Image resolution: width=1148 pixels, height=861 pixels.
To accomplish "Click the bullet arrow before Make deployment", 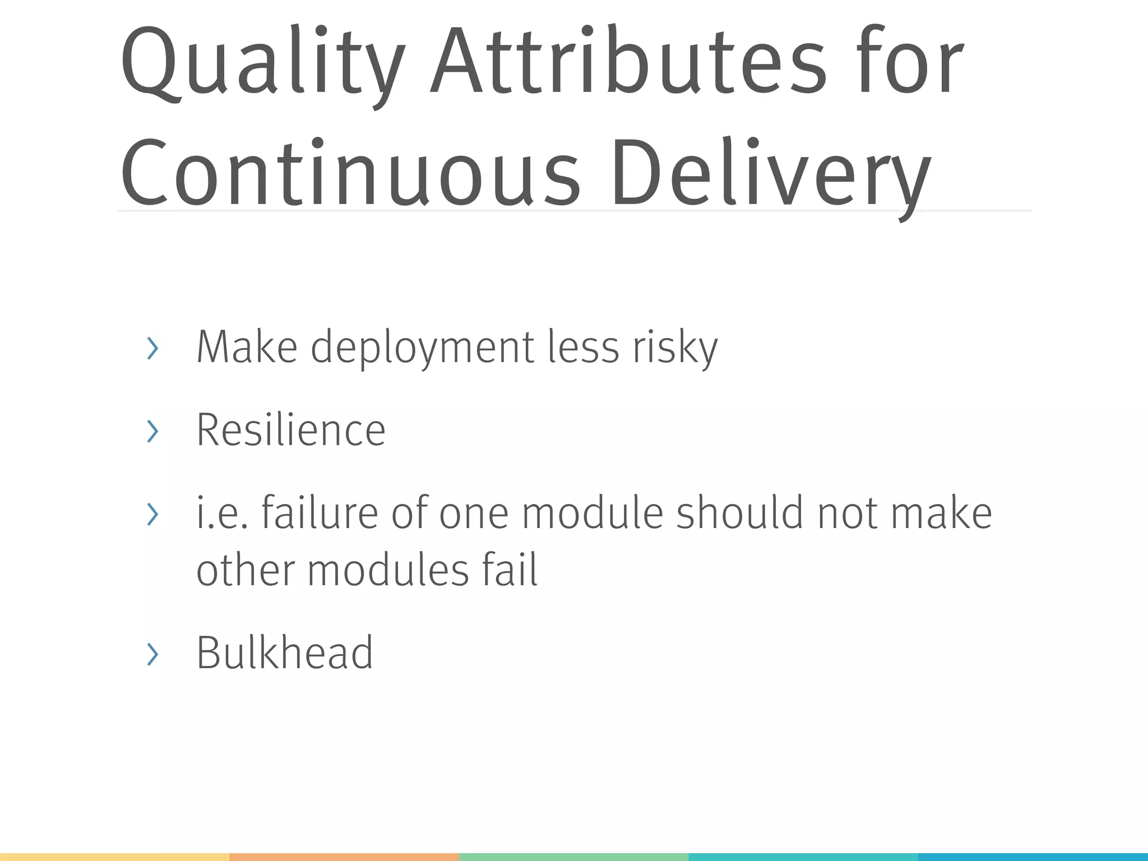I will tap(152, 349).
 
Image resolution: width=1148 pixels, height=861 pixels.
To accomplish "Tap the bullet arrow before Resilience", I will tap(152, 431).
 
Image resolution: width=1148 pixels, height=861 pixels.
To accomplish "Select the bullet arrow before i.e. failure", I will tap(152, 514).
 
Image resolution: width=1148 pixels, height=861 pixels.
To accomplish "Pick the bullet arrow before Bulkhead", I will tap(152, 654).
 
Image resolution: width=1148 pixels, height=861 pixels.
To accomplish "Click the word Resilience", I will tap(290, 430).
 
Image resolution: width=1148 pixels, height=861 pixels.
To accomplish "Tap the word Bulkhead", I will tap(284, 652).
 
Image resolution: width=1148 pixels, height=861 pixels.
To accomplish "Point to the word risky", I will tap(675, 348).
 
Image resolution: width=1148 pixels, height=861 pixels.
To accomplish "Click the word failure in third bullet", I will tap(320, 513).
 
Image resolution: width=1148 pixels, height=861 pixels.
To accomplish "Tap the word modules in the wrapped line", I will tap(388, 570).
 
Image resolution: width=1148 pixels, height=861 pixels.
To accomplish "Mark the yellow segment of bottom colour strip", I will tap(114, 857).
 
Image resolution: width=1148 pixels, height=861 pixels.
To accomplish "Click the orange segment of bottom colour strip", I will tap(344, 857).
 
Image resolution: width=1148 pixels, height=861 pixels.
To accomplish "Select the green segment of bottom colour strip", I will tap(573, 857).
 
